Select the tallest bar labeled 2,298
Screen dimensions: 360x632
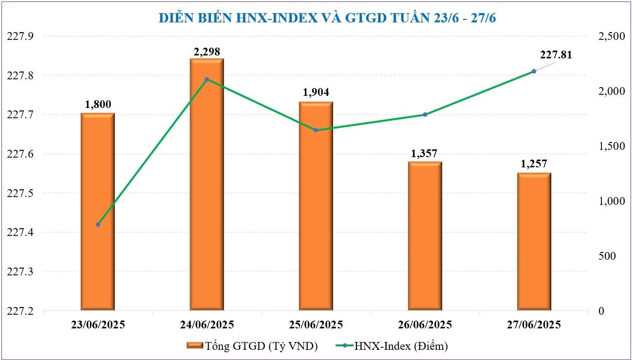207,185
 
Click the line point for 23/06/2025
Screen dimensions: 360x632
98,224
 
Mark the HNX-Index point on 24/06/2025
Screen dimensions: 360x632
207,79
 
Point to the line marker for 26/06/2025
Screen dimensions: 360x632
424,115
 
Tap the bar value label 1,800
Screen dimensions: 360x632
98,104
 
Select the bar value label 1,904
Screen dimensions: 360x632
316,92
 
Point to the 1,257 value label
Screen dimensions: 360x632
534,164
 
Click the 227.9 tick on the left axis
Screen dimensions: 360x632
21,36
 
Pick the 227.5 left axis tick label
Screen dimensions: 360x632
21,194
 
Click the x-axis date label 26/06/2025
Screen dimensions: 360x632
424,324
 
